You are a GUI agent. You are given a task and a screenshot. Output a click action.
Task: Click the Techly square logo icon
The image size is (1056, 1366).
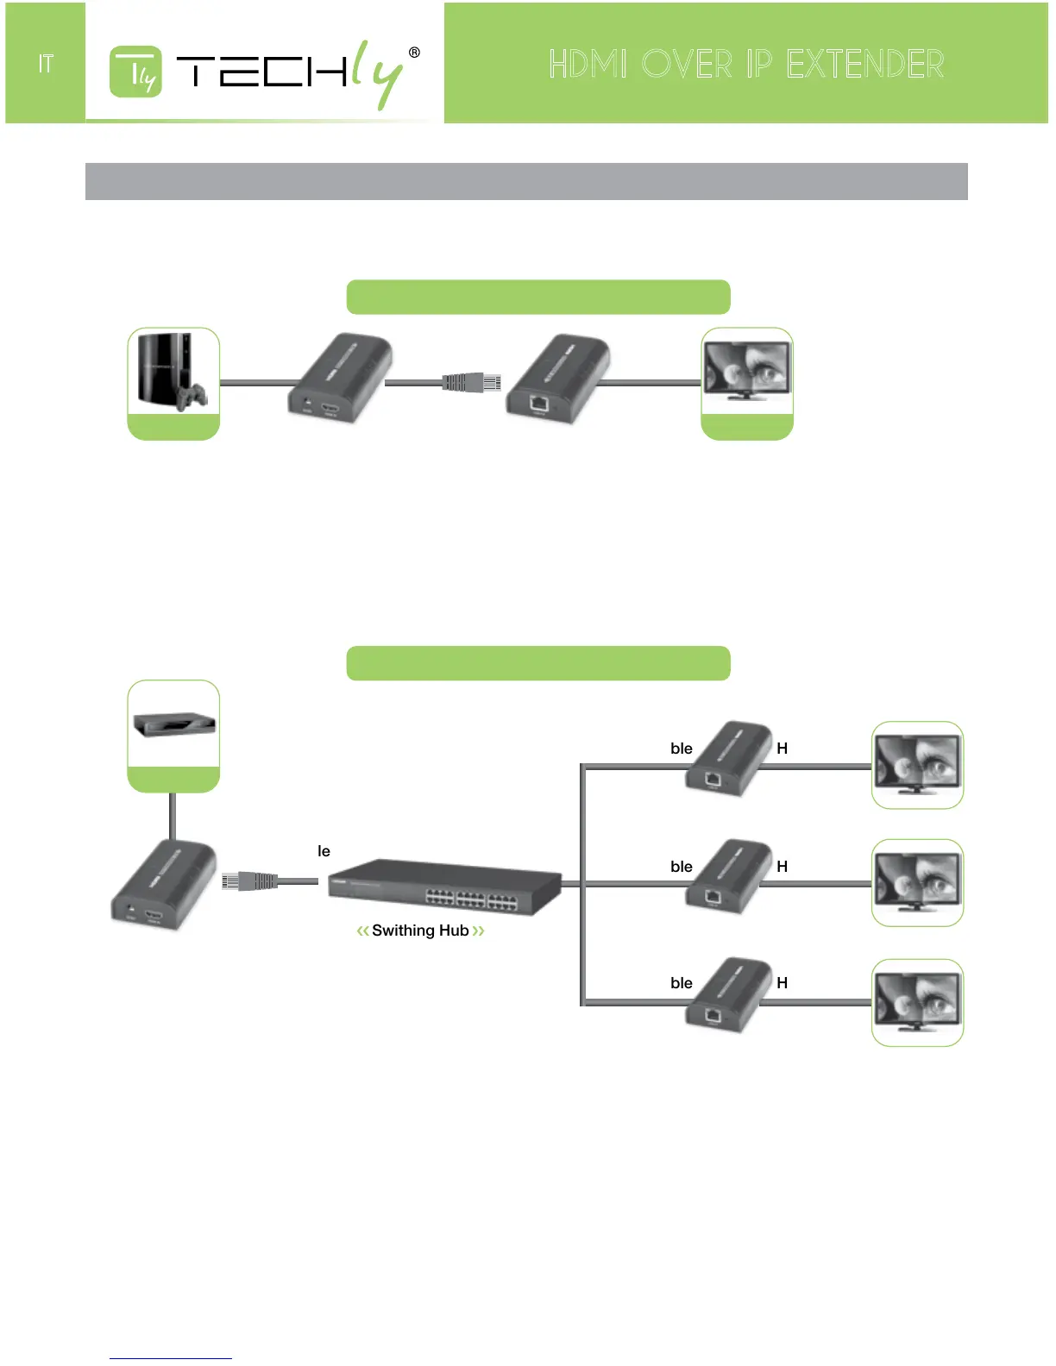(x=135, y=72)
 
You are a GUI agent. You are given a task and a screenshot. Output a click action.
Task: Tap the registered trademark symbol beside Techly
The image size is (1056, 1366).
(x=414, y=53)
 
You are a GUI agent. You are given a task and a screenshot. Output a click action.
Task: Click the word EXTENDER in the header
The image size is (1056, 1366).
(x=864, y=65)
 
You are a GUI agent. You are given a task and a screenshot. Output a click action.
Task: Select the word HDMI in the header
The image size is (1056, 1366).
(x=588, y=65)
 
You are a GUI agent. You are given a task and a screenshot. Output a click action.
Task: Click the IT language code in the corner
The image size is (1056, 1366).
(x=46, y=64)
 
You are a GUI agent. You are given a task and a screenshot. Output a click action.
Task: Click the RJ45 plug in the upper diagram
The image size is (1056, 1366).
(x=472, y=382)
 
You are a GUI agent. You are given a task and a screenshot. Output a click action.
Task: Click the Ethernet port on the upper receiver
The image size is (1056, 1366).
(x=539, y=402)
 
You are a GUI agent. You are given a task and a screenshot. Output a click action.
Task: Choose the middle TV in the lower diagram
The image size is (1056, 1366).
(x=917, y=881)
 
